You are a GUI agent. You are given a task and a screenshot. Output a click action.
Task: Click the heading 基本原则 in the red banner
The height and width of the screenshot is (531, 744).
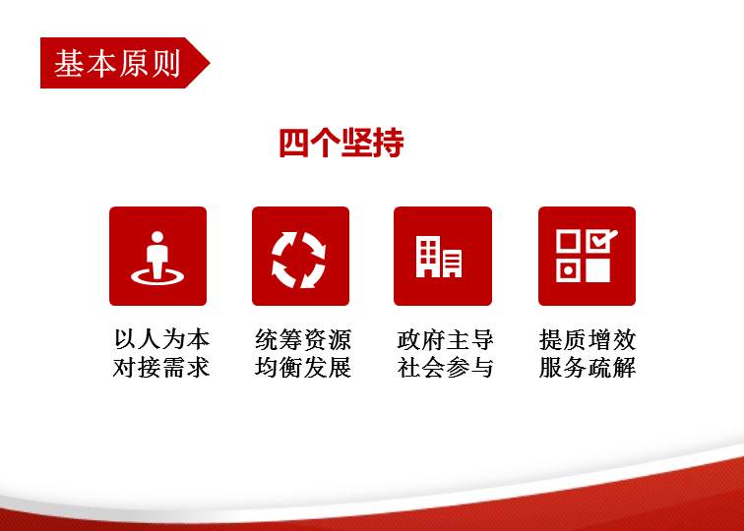117,64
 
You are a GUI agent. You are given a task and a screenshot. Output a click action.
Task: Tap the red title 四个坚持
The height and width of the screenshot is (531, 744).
341,143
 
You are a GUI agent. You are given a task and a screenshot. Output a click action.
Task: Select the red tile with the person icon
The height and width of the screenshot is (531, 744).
158,256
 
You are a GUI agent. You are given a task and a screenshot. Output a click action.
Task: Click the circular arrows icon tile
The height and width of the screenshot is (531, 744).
300,256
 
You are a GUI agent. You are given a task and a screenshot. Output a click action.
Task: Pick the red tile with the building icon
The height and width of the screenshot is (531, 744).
443,256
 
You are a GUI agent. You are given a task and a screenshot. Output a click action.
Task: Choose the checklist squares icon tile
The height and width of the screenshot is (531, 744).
587,256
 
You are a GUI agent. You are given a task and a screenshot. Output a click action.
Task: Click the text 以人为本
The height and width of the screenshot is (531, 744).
161,339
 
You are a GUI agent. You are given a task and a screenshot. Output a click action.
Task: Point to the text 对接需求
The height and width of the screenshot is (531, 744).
161,368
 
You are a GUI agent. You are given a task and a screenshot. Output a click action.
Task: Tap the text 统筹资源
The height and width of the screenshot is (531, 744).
303,339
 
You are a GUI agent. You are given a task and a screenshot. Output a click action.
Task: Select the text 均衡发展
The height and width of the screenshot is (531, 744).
303,368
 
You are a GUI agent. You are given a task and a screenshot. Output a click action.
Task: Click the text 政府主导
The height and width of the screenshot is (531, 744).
445,339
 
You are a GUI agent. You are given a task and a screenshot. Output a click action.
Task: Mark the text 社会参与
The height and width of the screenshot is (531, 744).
445,368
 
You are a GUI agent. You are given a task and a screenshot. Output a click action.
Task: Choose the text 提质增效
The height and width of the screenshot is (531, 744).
588,339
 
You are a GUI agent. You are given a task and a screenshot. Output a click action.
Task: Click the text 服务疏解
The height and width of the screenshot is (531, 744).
588,368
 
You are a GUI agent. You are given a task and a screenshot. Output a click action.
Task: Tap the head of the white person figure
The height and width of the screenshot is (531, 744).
157,237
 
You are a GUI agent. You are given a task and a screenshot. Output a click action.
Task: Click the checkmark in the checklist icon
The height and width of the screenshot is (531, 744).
603,239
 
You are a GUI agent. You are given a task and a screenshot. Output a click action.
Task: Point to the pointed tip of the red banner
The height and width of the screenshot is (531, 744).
210,63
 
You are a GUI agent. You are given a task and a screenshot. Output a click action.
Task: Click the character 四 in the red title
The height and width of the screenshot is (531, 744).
294,143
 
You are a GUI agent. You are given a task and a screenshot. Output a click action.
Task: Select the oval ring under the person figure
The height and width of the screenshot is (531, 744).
157,276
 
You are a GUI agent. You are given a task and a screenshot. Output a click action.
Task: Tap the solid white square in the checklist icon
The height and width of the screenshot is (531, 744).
598,270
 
